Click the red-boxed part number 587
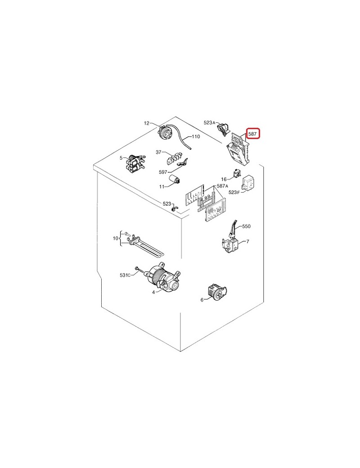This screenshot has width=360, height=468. (252, 134)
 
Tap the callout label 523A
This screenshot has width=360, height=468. (209, 123)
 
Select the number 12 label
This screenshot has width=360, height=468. (146, 123)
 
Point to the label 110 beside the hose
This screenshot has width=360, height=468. (195, 137)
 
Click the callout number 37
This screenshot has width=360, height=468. (158, 152)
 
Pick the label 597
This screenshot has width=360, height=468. (163, 172)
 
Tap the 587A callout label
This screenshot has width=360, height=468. (222, 186)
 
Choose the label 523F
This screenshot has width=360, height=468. (234, 193)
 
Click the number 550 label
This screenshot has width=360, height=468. (246, 226)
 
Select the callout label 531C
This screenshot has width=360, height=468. (125, 275)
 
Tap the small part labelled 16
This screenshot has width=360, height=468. (237, 173)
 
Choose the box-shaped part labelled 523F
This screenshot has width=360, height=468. (248, 182)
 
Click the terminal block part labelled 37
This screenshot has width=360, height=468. (174, 158)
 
